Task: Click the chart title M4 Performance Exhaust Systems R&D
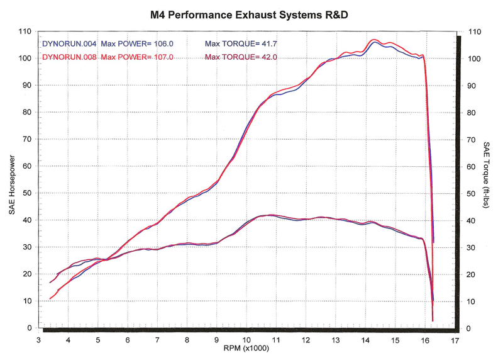click(x=251, y=13)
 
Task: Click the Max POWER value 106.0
click(x=162, y=44)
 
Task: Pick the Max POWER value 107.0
click(x=162, y=57)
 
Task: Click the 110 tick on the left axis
click(x=25, y=31)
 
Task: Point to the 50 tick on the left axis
click(x=27, y=193)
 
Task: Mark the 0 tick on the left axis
click(x=29, y=328)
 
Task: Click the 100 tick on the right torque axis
click(x=475, y=59)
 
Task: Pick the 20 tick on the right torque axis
click(x=473, y=274)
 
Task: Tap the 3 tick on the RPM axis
click(x=39, y=340)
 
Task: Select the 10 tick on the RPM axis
click(x=246, y=340)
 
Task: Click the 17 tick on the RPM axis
click(x=454, y=340)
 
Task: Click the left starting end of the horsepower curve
click(x=50, y=298)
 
